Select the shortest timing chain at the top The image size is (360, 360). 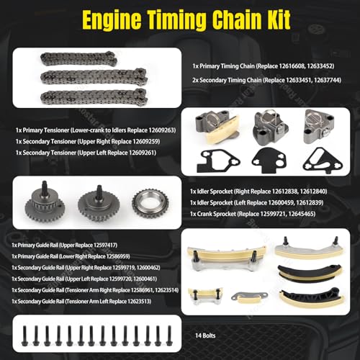pos(78,58)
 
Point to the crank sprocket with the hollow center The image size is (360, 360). pos(150,204)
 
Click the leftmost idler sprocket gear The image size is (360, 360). pos(45,202)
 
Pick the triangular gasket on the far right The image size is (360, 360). pos(323,160)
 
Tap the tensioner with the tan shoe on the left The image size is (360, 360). pos(217,127)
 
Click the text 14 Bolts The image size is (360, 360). pos(205,336)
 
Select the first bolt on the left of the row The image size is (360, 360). pos(24,336)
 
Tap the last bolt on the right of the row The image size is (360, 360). pos(169,336)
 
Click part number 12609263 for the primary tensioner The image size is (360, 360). pos(161,130)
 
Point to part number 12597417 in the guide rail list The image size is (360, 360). pos(105,245)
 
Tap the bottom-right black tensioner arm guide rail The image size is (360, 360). pos(312,297)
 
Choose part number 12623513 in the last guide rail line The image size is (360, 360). pos(139,301)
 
